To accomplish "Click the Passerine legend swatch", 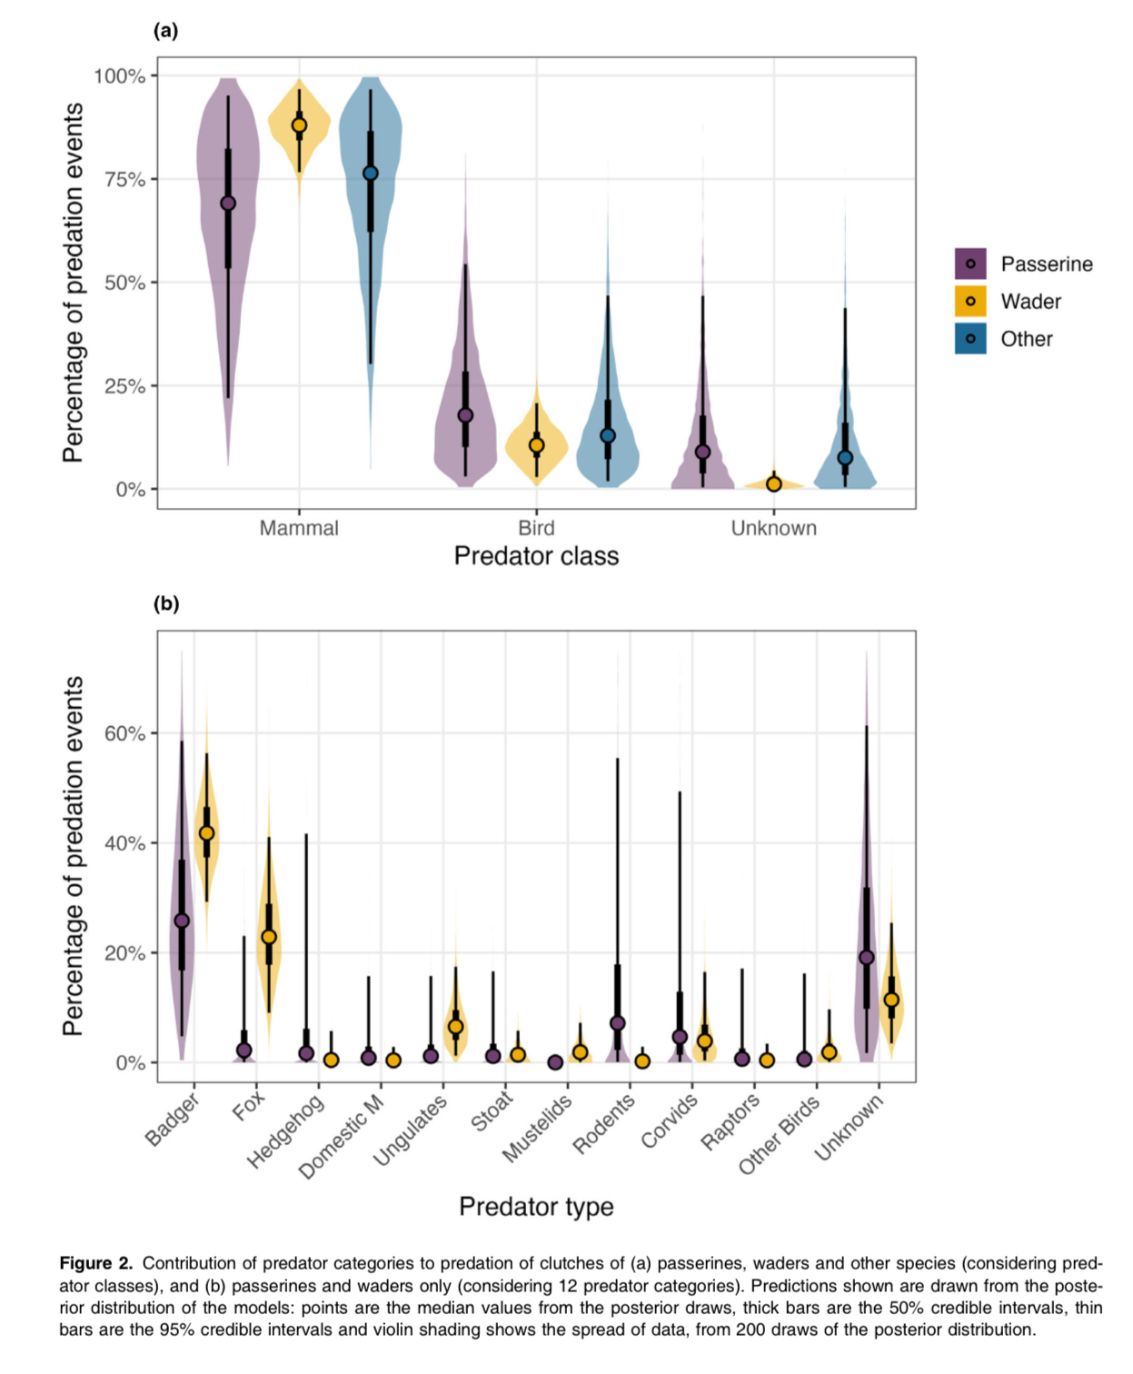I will [x=970, y=264].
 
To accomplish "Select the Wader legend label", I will [x=1030, y=302].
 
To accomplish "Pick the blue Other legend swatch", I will [x=970, y=339].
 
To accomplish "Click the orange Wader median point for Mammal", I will [x=299, y=125].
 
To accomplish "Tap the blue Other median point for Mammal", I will [x=370, y=174].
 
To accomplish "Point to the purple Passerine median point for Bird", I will [x=465, y=415].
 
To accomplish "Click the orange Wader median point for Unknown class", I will [x=773, y=484].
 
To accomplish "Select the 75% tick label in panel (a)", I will [x=124, y=180].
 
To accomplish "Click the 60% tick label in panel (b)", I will [x=124, y=733].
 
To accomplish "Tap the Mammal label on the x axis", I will [x=299, y=528].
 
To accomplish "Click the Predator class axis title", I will [x=536, y=556].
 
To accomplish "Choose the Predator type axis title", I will [x=536, y=1207].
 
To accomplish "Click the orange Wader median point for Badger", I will [x=206, y=833].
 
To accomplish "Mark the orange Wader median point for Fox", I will [x=269, y=937].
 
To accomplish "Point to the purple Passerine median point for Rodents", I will [x=618, y=1023].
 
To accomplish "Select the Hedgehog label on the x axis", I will [x=286, y=1130].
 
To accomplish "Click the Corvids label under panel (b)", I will [x=670, y=1120].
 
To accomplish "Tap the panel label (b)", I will [x=165, y=603].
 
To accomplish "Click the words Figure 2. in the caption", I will [x=96, y=1263].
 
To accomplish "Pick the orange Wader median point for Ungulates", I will [x=456, y=1027].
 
